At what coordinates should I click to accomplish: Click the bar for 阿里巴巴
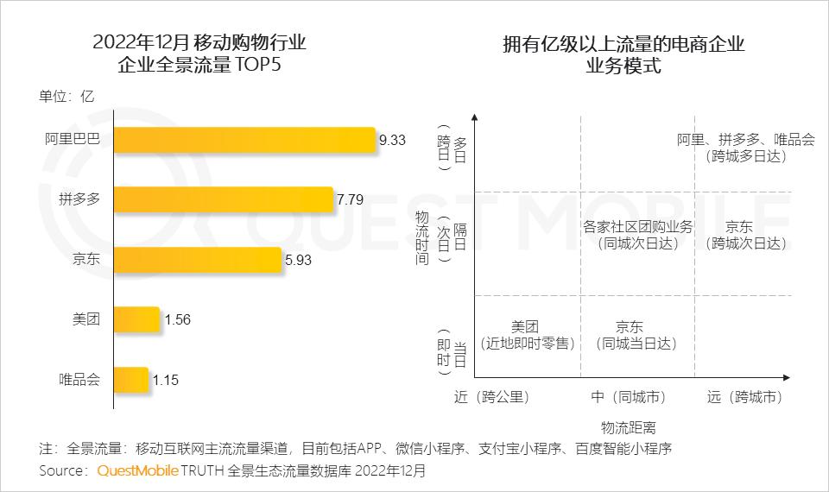click(x=245, y=140)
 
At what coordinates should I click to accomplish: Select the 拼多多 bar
click(x=223, y=199)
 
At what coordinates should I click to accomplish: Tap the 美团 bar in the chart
click(x=136, y=319)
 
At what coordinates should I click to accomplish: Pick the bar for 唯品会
click(x=131, y=379)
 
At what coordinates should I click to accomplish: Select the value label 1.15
click(x=165, y=379)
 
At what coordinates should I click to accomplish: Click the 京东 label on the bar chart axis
click(x=86, y=260)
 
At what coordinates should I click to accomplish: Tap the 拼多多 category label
click(x=79, y=199)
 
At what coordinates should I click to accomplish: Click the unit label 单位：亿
click(x=66, y=97)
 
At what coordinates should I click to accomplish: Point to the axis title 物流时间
click(x=421, y=237)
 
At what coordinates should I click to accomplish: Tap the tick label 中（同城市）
click(x=629, y=397)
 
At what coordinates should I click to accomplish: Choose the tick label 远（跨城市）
click(x=744, y=397)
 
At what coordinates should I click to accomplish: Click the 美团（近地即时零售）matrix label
click(x=525, y=335)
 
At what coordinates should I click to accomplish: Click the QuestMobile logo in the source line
click(x=137, y=471)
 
